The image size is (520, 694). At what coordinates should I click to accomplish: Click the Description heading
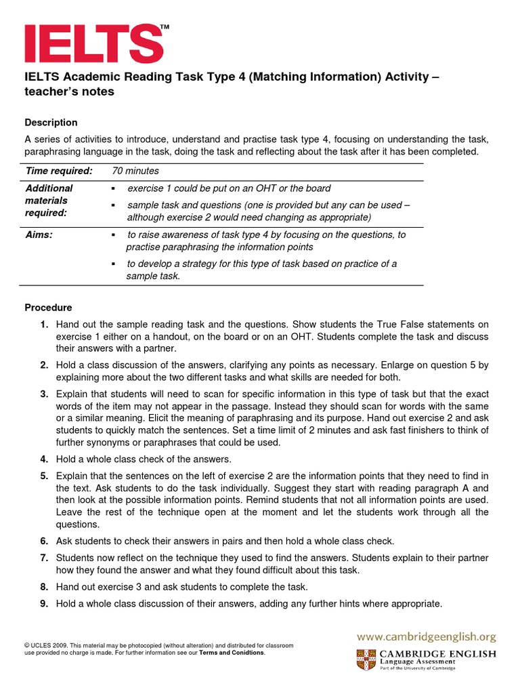point(51,123)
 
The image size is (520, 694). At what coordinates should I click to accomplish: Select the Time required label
point(58,171)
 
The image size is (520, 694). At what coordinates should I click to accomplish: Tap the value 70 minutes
point(135,171)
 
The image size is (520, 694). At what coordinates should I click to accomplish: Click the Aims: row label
point(39,234)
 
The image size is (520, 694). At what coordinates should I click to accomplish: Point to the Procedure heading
point(48,308)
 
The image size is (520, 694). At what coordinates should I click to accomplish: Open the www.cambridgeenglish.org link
point(427,636)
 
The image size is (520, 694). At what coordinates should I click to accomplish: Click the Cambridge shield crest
point(366,659)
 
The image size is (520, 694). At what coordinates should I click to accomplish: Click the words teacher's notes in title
point(70,92)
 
